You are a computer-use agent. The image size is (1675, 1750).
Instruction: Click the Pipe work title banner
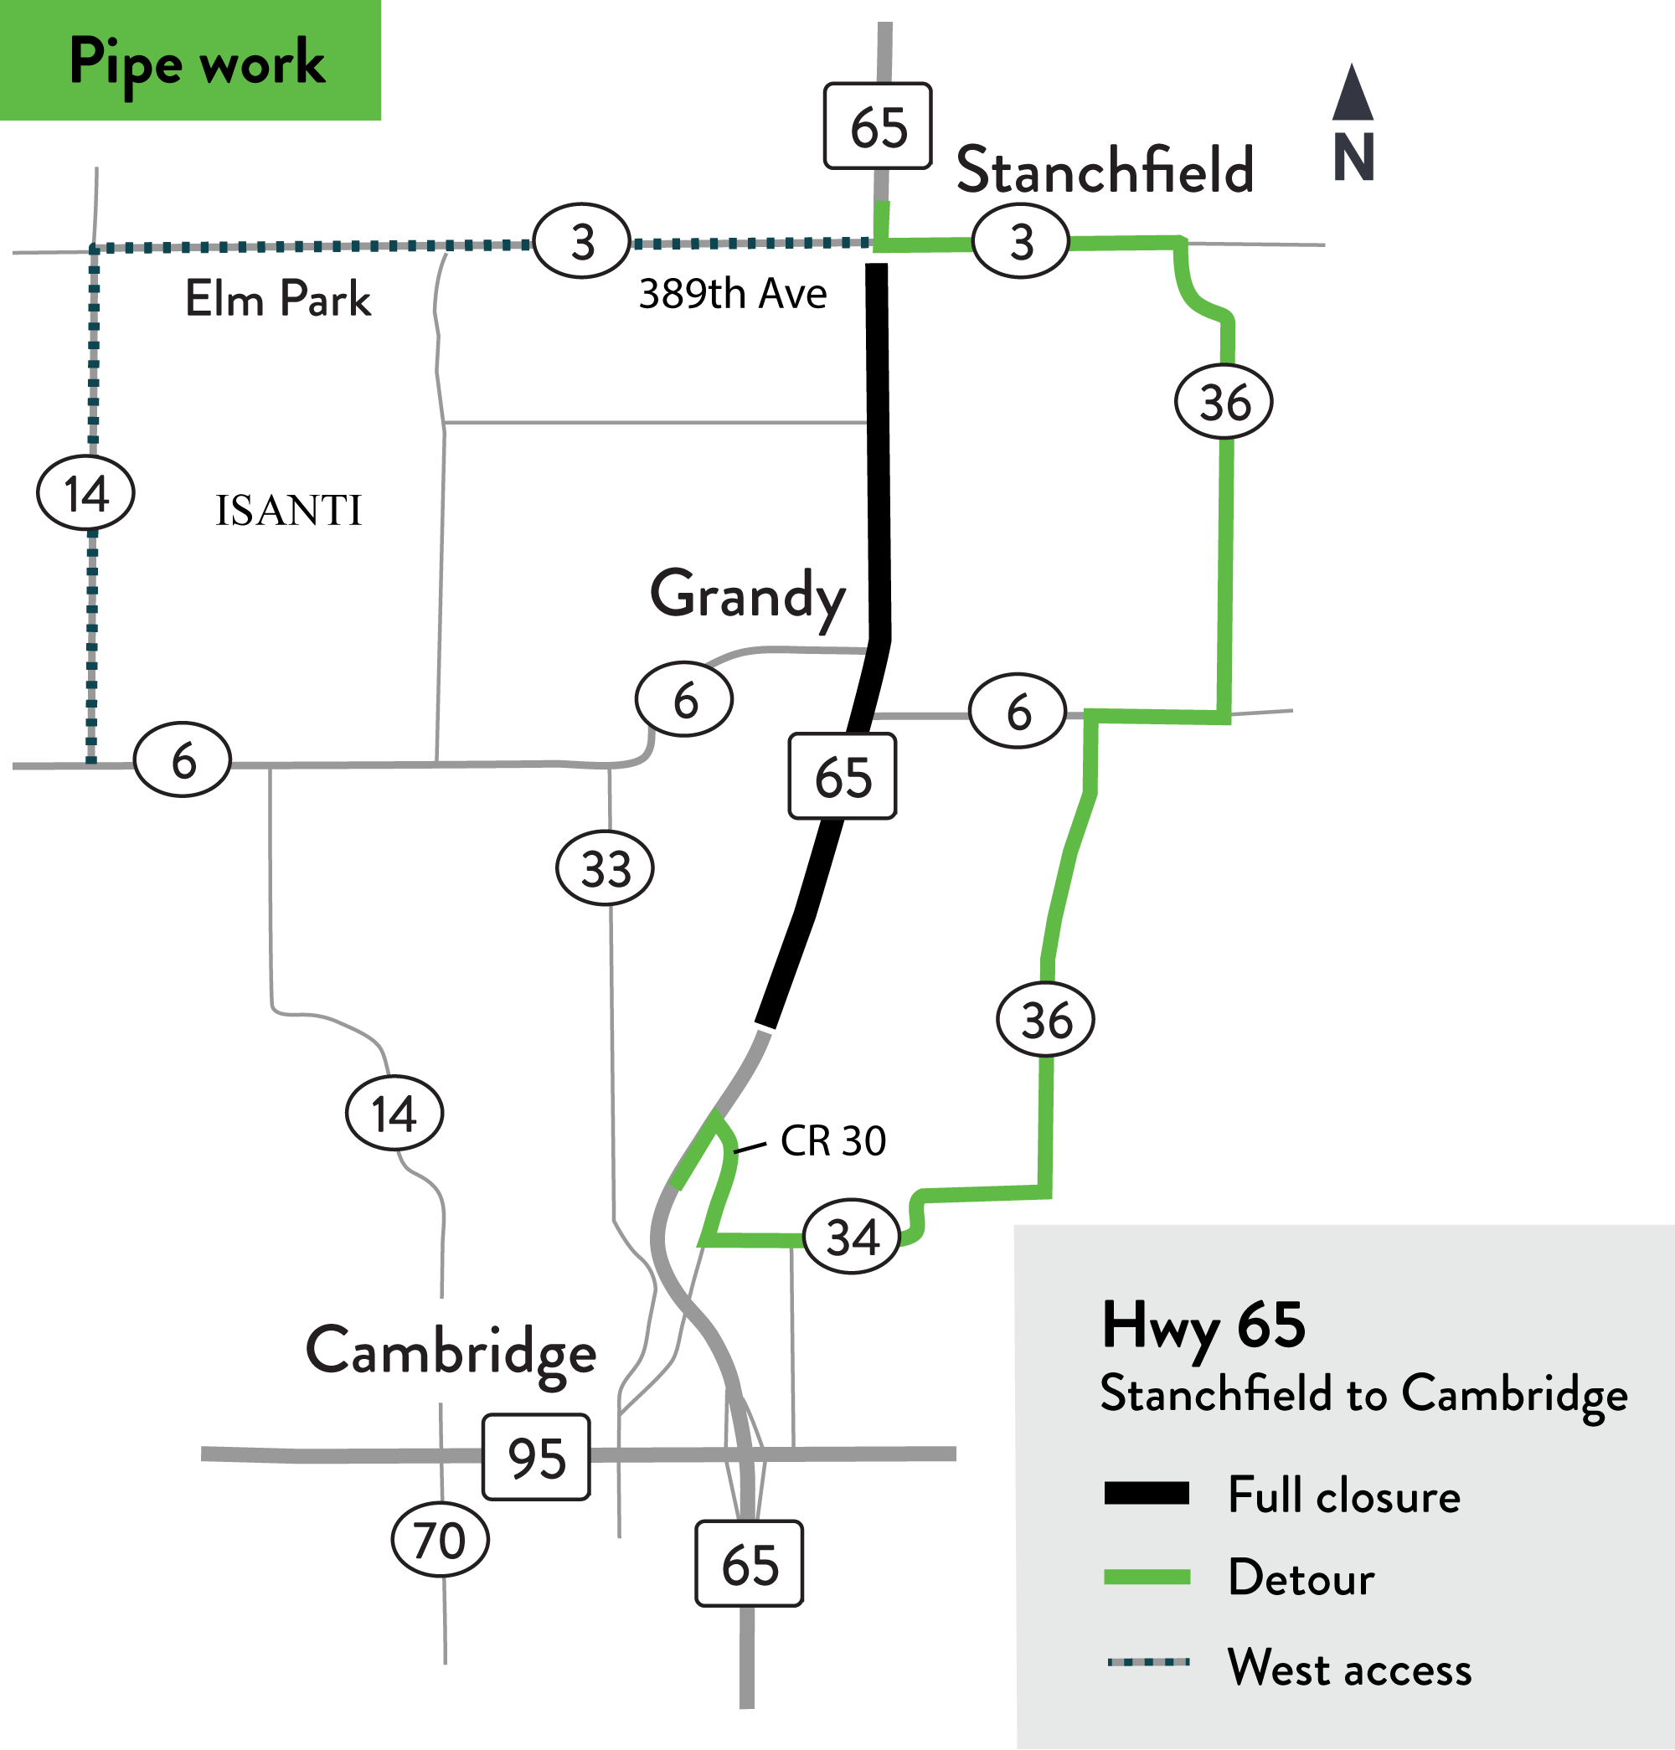[x=190, y=61]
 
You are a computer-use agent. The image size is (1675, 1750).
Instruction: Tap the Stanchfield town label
[x=1105, y=170]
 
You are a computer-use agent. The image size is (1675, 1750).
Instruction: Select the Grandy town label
[x=747, y=596]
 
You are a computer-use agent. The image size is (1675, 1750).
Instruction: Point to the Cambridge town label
[x=451, y=1351]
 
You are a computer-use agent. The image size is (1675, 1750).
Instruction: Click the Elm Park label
[x=278, y=298]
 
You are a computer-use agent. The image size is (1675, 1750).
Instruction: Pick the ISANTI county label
[x=288, y=511]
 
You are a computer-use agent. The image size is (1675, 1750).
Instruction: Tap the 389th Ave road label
[x=732, y=294]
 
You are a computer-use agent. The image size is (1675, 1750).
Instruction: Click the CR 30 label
[x=832, y=1141]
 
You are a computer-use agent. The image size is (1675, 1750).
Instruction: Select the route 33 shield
[x=606, y=867]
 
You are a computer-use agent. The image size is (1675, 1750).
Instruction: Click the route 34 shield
[x=853, y=1238]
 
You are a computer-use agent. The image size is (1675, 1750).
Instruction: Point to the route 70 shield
[x=441, y=1540]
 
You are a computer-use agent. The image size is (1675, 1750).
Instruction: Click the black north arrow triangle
[x=1353, y=94]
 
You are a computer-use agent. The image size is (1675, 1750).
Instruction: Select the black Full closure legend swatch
[x=1147, y=1494]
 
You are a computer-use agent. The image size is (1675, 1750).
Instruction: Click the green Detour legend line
[x=1147, y=1578]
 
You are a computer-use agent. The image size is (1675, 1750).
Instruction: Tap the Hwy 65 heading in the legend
[x=1203, y=1325]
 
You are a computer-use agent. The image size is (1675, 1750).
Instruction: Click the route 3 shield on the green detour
[x=1021, y=242]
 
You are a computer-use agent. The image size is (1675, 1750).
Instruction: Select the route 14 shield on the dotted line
[x=85, y=493]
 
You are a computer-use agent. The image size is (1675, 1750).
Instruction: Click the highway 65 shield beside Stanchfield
[x=878, y=126]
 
